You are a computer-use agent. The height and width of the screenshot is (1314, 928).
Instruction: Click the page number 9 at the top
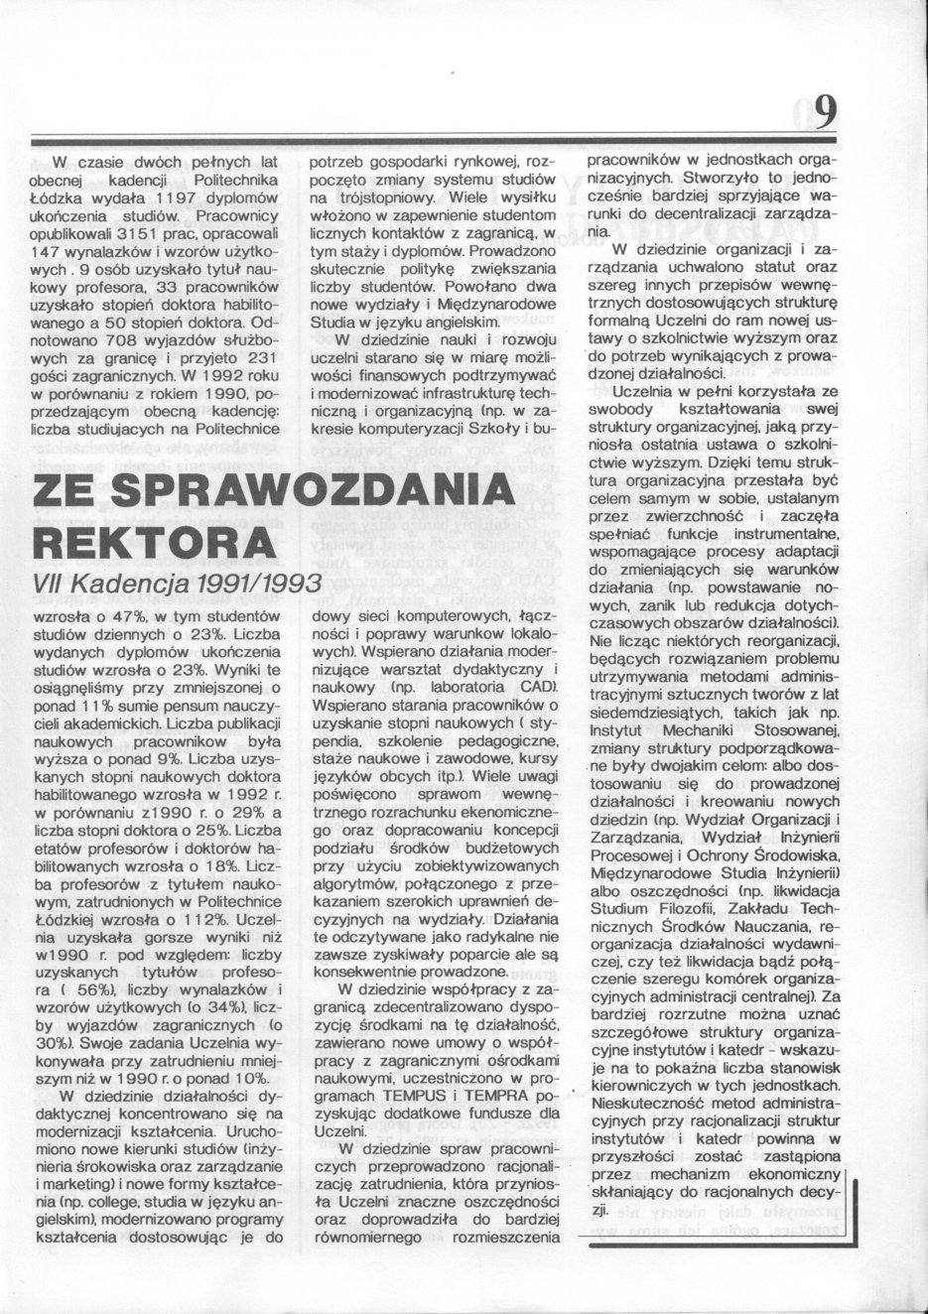pos(823,111)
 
